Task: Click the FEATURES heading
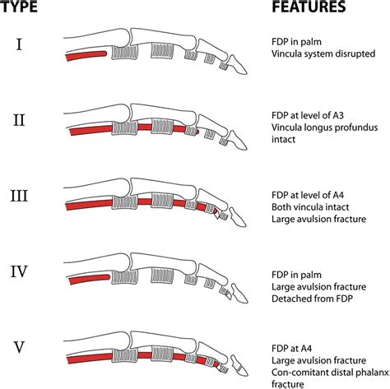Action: pyautogui.click(x=309, y=7)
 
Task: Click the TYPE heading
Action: pyautogui.click(x=19, y=7)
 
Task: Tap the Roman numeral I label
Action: pyautogui.click(x=19, y=44)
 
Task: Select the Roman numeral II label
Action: pyautogui.click(x=19, y=120)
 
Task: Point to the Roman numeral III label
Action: pyautogui.click(x=19, y=197)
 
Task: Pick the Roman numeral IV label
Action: pyautogui.click(x=19, y=272)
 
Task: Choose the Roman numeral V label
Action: pyautogui.click(x=19, y=347)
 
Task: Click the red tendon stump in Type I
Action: pyautogui.click(x=86, y=56)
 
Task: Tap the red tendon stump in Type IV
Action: pyautogui.click(x=90, y=279)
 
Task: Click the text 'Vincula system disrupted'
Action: pyautogui.click(x=323, y=53)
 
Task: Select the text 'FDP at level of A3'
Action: pyautogui.click(x=308, y=115)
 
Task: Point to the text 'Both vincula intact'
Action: pyautogui.click(x=310, y=207)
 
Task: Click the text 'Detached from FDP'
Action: pyautogui.click(x=312, y=299)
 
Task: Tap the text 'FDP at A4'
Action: pyautogui.click(x=292, y=349)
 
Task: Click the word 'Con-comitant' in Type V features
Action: pyautogui.click(x=298, y=373)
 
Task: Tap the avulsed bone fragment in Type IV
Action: pyautogui.click(x=229, y=295)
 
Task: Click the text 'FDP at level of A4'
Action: pyautogui.click(x=308, y=195)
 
